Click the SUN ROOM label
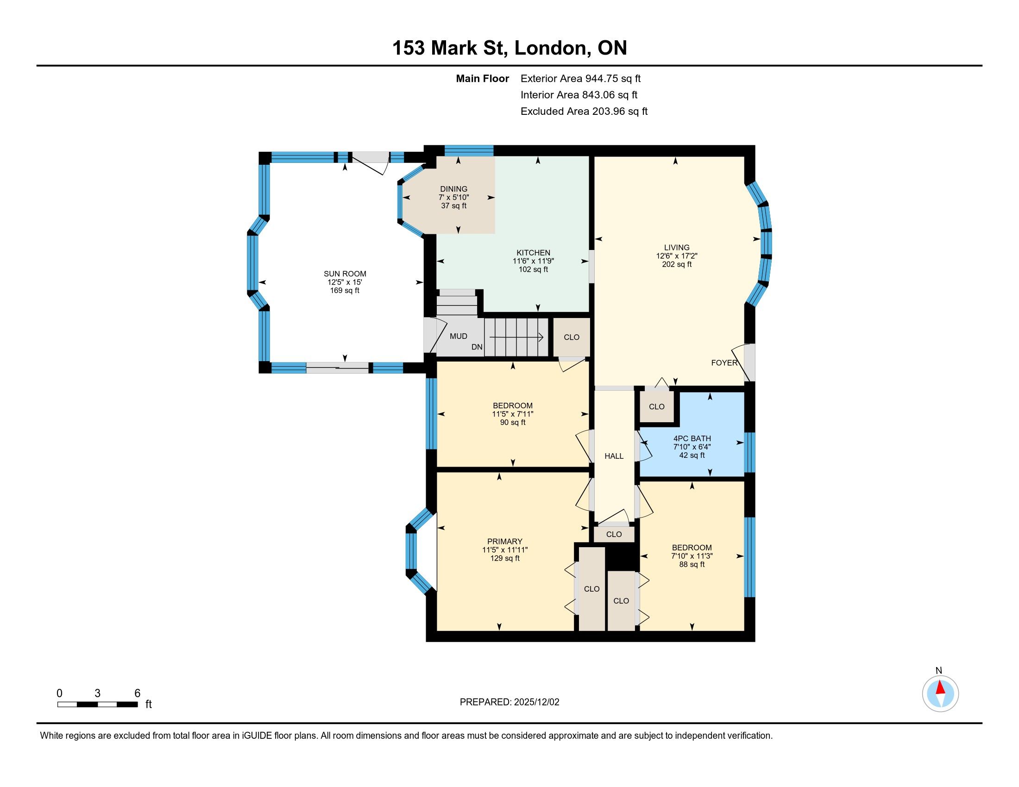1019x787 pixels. [x=345, y=274]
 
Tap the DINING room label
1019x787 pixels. [x=453, y=189]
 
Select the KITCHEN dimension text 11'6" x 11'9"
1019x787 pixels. [x=533, y=261]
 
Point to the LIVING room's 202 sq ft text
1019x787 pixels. [x=677, y=264]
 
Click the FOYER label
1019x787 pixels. [x=724, y=363]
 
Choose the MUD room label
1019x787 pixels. [x=458, y=336]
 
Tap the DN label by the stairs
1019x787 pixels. [x=477, y=347]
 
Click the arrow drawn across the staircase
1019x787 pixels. [x=516, y=337]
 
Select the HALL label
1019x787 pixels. [x=614, y=456]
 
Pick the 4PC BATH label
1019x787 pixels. [x=692, y=438]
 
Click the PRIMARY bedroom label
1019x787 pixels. [x=505, y=541]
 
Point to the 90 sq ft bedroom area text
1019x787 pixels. [x=513, y=422]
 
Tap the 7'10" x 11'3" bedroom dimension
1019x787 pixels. [x=692, y=556]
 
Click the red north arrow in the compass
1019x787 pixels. [x=940, y=687]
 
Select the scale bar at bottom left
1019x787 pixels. [x=98, y=704]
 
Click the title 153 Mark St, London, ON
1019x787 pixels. [x=509, y=48]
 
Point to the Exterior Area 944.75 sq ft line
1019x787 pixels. [x=581, y=78]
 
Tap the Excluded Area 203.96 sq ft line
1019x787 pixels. [x=584, y=111]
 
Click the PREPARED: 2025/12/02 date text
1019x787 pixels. [x=509, y=702]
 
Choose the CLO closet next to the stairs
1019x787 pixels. [x=572, y=337]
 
